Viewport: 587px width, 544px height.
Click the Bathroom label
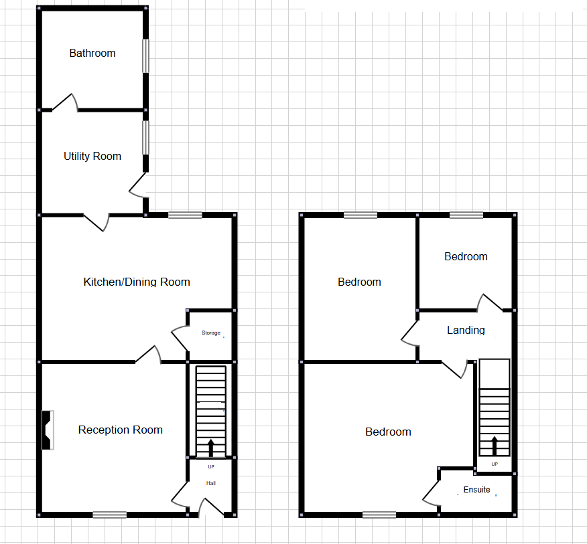point(92,54)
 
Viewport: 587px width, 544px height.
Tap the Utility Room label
point(92,157)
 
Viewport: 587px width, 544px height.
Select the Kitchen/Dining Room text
point(137,282)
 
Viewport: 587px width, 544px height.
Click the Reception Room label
point(121,430)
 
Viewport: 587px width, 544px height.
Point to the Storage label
point(211,333)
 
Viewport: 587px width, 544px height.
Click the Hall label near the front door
point(211,483)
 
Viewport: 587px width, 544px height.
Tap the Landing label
point(466,331)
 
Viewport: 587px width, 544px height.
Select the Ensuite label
point(476,490)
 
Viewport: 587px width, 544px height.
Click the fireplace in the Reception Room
point(48,430)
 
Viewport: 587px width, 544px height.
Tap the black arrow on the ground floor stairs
point(212,447)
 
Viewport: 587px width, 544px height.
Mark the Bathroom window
point(145,55)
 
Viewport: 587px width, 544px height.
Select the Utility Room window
point(145,138)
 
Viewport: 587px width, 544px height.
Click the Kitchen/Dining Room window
point(185,215)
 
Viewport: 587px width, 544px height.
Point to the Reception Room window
point(109,515)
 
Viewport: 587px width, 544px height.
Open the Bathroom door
point(66,102)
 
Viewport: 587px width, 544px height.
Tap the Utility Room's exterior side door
point(139,185)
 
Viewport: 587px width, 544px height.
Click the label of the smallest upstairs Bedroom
point(466,257)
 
